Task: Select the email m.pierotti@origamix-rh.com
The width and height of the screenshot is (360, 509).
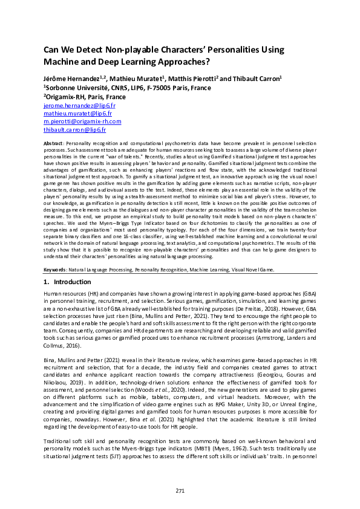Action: point(82,122)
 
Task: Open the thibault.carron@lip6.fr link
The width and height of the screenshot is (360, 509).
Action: point(74,129)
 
